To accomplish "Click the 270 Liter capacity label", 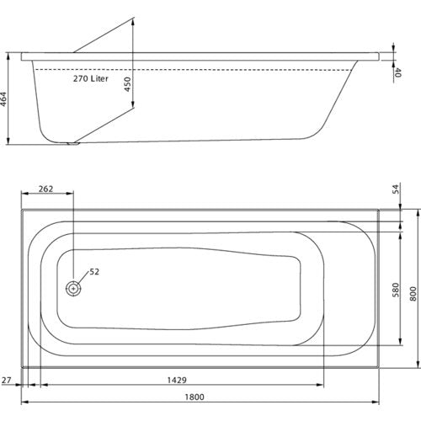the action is tap(91, 78).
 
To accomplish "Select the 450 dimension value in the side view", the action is tap(127, 84).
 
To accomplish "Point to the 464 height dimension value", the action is tap(3, 99).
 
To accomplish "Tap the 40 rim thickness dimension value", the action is tap(397, 72).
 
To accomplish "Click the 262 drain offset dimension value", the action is tap(45, 189).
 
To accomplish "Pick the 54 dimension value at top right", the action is tap(395, 189).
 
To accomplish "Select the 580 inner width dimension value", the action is tap(395, 290).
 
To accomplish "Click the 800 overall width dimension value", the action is tap(413, 294).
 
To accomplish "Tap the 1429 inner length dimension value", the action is tap(177, 380).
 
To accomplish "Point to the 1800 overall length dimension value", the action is tap(195, 397).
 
